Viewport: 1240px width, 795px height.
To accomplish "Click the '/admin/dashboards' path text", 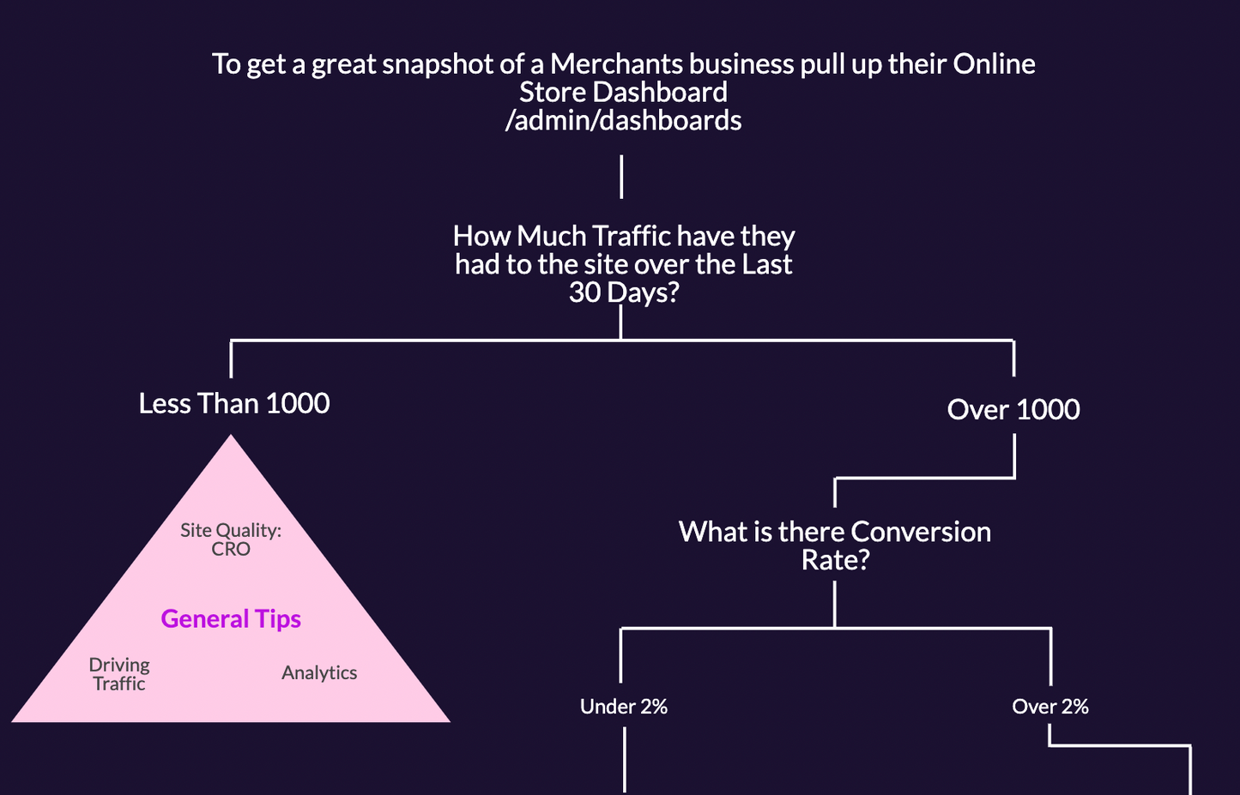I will [623, 120].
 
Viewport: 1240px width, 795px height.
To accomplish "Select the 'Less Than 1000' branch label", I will [234, 403].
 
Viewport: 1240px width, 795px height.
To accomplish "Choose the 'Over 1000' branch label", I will [1013, 409].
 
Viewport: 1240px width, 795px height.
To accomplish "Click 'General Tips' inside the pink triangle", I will [231, 618].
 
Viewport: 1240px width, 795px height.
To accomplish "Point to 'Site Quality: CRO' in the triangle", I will [231, 539].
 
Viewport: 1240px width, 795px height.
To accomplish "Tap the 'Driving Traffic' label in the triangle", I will [119, 674].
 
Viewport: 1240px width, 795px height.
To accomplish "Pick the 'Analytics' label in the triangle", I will [319, 672].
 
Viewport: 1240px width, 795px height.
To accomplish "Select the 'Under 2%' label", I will [624, 707].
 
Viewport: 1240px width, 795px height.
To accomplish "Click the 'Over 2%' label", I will [1050, 707].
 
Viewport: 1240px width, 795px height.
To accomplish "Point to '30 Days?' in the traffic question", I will [624, 292].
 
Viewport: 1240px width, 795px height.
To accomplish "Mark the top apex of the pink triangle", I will [231, 437].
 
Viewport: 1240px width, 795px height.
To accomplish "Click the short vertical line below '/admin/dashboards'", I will [621, 177].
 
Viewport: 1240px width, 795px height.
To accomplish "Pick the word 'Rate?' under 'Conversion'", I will [835, 560].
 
